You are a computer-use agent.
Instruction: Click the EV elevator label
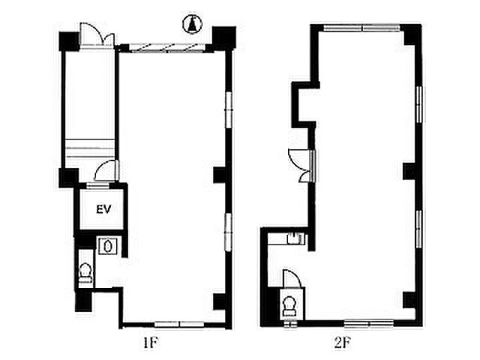point(103,209)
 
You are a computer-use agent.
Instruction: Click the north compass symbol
point(192,25)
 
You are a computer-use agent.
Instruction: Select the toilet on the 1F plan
point(85,273)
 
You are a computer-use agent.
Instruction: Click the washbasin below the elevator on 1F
point(107,246)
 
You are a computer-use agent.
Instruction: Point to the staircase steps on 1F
point(90,148)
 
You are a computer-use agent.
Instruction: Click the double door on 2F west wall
point(301,165)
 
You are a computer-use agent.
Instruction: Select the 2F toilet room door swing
point(292,278)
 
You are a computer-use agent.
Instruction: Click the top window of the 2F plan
point(361,28)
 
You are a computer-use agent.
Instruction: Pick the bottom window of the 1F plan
point(179,324)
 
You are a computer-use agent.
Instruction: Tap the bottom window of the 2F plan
point(369,323)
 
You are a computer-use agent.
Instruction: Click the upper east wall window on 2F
point(420,105)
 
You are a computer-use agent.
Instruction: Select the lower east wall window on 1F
point(228,232)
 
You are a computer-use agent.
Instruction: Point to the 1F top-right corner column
point(224,37)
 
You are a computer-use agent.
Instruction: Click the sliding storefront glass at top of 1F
point(167,47)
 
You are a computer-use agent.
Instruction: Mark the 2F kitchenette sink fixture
point(296,238)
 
